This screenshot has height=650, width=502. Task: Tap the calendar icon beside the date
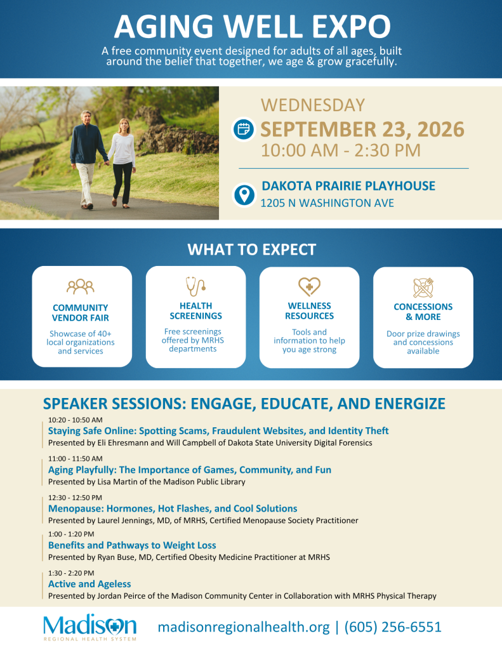(x=243, y=129)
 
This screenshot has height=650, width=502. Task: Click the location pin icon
(x=244, y=194)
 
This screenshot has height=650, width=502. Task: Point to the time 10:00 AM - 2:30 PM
(x=340, y=150)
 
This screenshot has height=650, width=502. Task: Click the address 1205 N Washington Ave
(x=327, y=203)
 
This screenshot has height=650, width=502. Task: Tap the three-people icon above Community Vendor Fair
(x=81, y=286)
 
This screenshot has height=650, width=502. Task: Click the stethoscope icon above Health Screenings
(x=195, y=286)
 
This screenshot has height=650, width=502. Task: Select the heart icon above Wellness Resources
(x=309, y=286)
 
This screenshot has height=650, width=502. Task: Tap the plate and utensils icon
(x=423, y=288)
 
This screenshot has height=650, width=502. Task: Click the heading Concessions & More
(x=423, y=312)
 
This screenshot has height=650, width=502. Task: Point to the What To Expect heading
(x=251, y=249)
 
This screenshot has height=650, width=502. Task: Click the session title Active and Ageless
(x=89, y=584)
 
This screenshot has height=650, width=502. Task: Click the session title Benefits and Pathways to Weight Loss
(x=132, y=545)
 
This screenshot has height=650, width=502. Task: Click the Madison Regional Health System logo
(x=90, y=627)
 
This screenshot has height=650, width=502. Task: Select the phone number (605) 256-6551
(x=393, y=627)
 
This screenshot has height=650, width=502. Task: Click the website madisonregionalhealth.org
(x=244, y=627)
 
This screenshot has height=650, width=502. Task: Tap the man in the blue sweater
(x=87, y=159)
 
